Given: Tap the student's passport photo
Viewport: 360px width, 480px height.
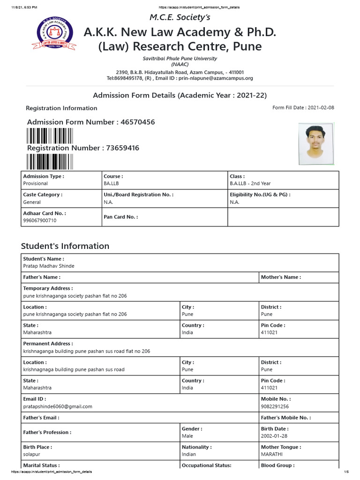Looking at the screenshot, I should [x=316, y=143].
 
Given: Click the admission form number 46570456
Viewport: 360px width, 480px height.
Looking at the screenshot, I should [x=137, y=122].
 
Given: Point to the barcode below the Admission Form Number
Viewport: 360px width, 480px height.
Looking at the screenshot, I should [x=50, y=135].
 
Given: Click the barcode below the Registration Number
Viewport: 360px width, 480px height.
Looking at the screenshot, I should [x=50, y=161].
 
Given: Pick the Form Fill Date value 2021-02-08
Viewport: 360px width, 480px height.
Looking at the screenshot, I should [x=321, y=108].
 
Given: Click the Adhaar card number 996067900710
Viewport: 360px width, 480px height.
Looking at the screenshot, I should [x=40, y=220].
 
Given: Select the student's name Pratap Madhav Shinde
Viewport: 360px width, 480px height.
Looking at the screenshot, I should [x=49, y=266].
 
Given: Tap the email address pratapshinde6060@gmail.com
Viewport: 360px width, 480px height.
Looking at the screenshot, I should [x=58, y=406].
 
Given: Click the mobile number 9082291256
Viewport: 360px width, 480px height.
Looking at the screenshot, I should [x=275, y=406].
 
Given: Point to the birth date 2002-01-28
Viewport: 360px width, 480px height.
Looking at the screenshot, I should [x=274, y=436].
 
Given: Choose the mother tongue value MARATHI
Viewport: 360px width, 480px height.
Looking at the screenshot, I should [x=271, y=454].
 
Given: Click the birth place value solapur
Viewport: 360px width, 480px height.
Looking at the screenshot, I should [x=32, y=454].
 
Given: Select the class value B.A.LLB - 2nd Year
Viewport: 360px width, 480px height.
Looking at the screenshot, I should [x=250, y=183].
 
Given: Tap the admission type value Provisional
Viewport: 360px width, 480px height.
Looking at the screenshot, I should [x=36, y=183].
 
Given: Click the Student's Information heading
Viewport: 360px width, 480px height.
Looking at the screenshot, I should [x=65, y=246].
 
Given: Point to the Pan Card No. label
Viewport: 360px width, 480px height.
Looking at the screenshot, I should [x=121, y=217].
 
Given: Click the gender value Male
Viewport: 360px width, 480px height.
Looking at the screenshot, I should [x=187, y=436].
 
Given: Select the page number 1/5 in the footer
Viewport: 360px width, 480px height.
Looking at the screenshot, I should [x=347, y=472].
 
